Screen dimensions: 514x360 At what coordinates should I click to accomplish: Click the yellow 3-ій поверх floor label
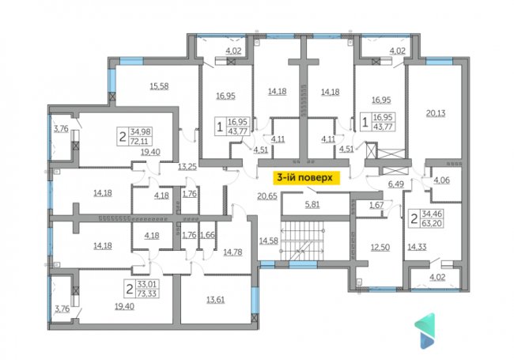click(x=305, y=178)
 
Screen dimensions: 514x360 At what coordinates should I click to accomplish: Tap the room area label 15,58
click(x=159, y=86)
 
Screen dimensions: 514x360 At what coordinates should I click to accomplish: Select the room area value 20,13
click(x=436, y=113)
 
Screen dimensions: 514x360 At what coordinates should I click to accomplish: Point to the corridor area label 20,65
click(x=267, y=196)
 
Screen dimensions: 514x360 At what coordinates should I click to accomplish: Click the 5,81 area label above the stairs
click(x=312, y=205)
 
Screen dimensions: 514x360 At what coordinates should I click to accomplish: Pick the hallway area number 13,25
click(x=187, y=167)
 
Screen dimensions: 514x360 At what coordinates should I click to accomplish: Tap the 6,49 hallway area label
click(x=396, y=184)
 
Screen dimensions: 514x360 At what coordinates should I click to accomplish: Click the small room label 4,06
click(x=442, y=180)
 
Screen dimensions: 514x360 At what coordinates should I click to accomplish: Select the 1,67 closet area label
click(x=376, y=206)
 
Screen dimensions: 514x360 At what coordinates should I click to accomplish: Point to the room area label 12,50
click(x=380, y=247)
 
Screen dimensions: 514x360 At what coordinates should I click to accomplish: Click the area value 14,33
click(x=417, y=247)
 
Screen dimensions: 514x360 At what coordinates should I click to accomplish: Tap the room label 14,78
click(x=232, y=252)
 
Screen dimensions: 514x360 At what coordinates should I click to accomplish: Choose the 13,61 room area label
click(x=215, y=300)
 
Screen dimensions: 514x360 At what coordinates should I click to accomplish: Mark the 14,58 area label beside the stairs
click(x=269, y=241)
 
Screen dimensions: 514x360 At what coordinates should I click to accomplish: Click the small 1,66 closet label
click(x=207, y=235)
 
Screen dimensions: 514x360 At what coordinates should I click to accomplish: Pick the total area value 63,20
click(x=432, y=224)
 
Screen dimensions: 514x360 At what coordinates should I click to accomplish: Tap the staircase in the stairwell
click(x=302, y=241)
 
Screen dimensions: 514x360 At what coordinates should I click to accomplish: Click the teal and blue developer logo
click(x=425, y=331)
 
